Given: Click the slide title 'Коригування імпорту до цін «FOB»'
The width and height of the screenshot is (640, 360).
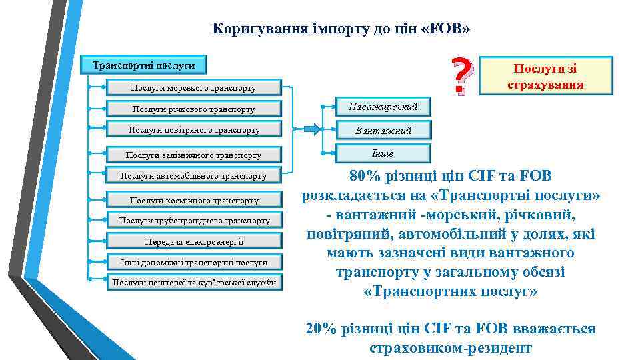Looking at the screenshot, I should [x=341, y=29].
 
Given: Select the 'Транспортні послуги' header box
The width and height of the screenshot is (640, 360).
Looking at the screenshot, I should [x=143, y=65].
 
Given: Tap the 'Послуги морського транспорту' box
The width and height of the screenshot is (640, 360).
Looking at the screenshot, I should [x=194, y=87].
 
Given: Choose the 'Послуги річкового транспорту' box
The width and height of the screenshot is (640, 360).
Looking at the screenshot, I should [x=194, y=109].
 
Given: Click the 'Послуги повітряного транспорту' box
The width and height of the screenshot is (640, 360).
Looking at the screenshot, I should [x=194, y=130].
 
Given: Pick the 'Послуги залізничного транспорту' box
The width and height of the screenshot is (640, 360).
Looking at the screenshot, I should [x=194, y=155].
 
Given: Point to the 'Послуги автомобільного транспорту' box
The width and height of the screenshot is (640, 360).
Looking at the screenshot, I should [x=194, y=176].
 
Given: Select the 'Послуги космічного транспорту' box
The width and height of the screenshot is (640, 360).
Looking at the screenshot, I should [x=194, y=200].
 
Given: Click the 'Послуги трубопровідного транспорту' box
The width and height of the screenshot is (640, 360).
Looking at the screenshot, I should [x=194, y=220].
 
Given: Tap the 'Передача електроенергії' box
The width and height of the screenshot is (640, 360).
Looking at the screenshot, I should [x=194, y=241].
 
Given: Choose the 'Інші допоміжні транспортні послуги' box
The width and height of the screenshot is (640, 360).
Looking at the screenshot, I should [x=194, y=262].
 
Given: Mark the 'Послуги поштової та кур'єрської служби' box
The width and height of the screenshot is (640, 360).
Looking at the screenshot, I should [x=194, y=283].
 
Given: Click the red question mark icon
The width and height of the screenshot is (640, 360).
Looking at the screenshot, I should [x=461, y=75].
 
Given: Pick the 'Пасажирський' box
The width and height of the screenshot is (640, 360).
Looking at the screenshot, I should [x=383, y=107].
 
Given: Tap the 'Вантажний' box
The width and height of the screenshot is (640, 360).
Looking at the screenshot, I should [x=383, y=131].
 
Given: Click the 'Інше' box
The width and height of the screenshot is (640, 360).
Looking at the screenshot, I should [x=383, y=153].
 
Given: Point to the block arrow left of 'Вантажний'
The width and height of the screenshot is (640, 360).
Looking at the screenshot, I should [x=311, y=129].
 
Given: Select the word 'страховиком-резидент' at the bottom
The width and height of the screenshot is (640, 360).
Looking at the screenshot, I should [x=450, y=347].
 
